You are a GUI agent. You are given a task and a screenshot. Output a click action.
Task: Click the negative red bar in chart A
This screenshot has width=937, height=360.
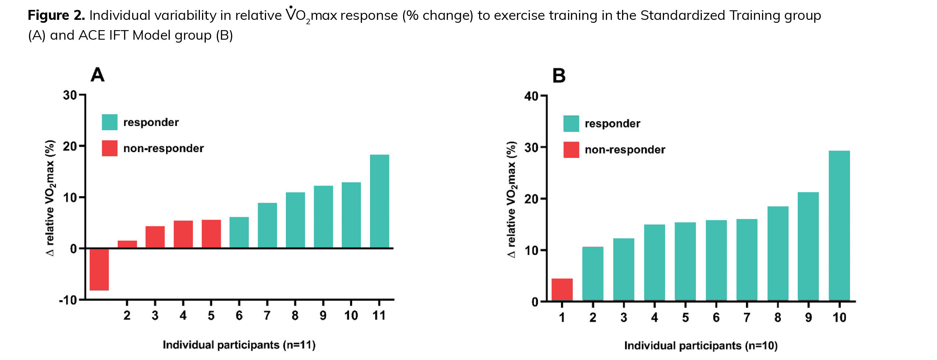[99, 269]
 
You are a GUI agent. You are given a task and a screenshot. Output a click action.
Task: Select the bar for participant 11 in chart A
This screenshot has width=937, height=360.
[379, 201]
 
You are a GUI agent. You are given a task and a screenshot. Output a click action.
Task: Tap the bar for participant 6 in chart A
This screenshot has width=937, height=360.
[239, 232]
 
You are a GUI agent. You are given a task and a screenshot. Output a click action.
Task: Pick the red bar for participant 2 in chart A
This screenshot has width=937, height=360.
[127, 244]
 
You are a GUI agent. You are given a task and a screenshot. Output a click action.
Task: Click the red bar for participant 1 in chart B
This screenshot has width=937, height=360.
[562, 289]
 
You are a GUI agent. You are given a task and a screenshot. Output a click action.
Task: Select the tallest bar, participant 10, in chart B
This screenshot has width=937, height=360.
[839, 226]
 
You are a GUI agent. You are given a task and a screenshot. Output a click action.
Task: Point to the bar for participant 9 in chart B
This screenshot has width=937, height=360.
[808, 246]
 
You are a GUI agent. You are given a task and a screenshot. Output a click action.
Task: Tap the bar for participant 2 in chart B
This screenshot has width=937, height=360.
[593, 274]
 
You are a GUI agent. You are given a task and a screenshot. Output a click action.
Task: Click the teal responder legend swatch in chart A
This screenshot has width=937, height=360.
[110, 122]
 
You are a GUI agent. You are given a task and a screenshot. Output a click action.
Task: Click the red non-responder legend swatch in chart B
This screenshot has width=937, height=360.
[571, 150]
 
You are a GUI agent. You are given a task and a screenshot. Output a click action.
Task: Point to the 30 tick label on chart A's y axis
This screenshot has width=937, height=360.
[70, 96]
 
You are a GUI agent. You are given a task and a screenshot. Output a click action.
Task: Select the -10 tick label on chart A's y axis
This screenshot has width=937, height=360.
[68, 300]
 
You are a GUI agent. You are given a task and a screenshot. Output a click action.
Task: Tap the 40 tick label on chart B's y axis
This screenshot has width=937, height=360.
[531, 97]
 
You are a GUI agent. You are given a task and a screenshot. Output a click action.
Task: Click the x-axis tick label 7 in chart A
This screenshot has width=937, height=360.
[267, 316]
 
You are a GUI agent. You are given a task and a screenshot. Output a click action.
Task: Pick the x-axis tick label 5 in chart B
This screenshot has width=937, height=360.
[685, 317]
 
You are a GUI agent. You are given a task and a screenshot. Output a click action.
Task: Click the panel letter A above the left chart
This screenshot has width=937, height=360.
[98, 75]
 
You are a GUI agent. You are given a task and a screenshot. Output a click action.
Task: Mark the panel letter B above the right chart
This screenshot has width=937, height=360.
[559, 76]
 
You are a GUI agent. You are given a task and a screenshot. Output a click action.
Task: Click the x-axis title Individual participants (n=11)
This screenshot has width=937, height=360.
[239, 345]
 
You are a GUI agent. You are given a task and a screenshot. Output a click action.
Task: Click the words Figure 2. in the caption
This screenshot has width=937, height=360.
[56, 15]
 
